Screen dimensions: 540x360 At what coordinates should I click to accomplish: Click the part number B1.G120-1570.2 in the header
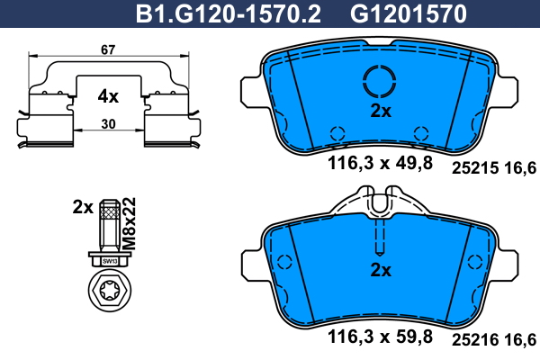(x=228, y=13)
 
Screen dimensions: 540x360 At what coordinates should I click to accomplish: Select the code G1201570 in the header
(x=409, y=13)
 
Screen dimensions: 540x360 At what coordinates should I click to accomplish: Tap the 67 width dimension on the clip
(x=108, y=50)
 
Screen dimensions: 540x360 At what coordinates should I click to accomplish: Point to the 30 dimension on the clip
(x=109, y=124)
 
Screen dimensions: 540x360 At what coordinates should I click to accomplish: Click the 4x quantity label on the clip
(x=108, y=96)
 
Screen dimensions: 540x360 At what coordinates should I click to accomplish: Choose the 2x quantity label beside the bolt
(x=83, y=207)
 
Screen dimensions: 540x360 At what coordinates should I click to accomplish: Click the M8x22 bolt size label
(x=130, y=223)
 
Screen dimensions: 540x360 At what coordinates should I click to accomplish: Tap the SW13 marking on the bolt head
(x=110, y=262)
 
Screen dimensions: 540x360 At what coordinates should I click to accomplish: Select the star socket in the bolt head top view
(x=110, y=291)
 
